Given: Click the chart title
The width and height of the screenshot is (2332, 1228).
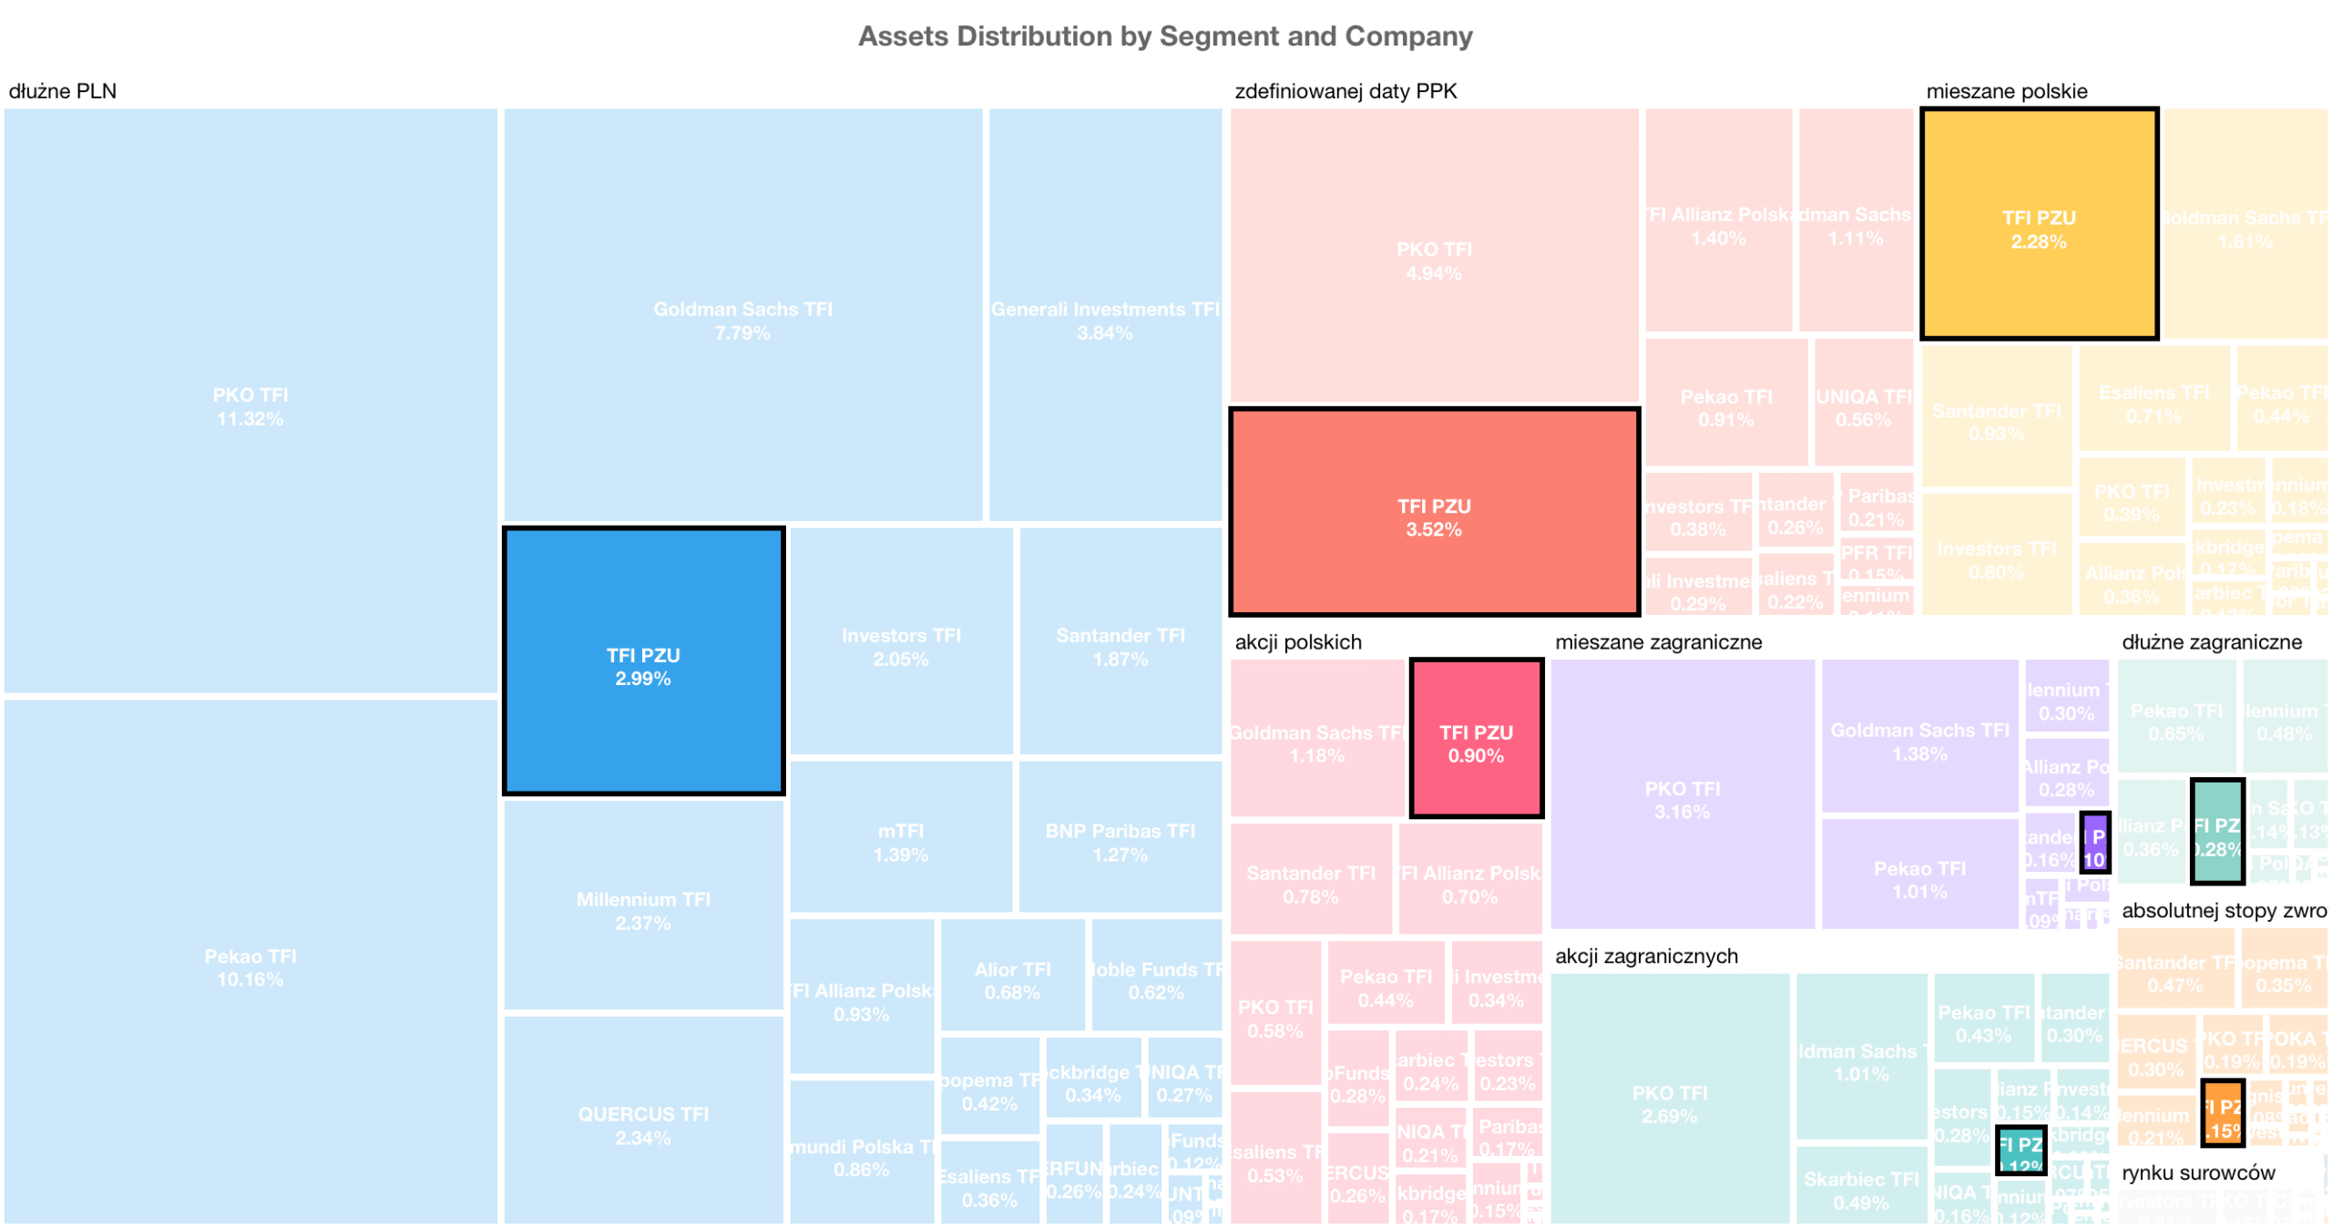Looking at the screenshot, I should click(1164, 36).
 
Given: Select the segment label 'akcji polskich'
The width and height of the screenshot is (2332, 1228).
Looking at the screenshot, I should click(1297, 642).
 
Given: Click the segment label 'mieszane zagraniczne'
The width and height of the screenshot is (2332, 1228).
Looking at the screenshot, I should click(1658, 642).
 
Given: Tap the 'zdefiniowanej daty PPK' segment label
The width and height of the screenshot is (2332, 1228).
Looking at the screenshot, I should click(1345, 91).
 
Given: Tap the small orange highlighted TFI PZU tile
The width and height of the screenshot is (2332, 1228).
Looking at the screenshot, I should click(2222, 1111).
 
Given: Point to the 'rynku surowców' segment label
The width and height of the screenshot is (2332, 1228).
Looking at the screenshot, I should click(2197, 1173).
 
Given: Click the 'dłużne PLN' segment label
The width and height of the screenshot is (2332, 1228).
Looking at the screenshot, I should click(63, 91).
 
